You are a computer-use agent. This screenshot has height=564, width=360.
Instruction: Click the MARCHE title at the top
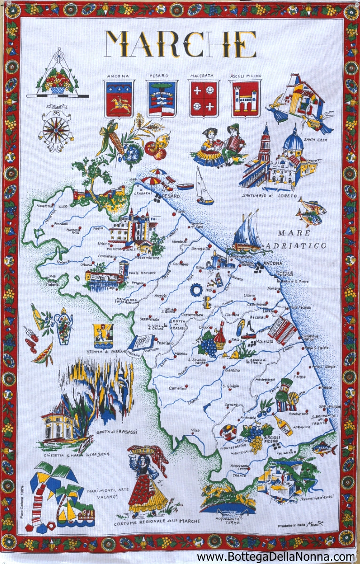click(x=180, y=45)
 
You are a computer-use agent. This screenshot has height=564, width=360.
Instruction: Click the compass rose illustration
click(x=56, y=130)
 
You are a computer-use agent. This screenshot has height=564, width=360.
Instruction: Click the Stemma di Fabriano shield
click(x=103, y=334)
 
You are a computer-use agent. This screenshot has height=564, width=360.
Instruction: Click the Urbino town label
click(x=104, y=243)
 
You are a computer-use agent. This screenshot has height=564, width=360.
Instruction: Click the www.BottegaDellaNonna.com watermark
click(x=276, y=557)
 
